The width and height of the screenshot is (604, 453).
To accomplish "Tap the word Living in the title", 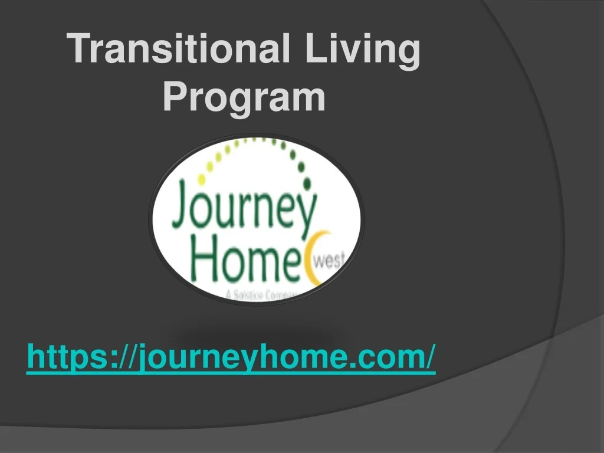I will point(362,50).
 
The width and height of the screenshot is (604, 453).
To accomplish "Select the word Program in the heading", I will point(244,97).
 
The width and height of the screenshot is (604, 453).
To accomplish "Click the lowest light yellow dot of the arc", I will point(201,179).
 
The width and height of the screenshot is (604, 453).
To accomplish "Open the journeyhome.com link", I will point(231,357).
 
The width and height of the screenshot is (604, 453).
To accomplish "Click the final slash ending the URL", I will point(432,357).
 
